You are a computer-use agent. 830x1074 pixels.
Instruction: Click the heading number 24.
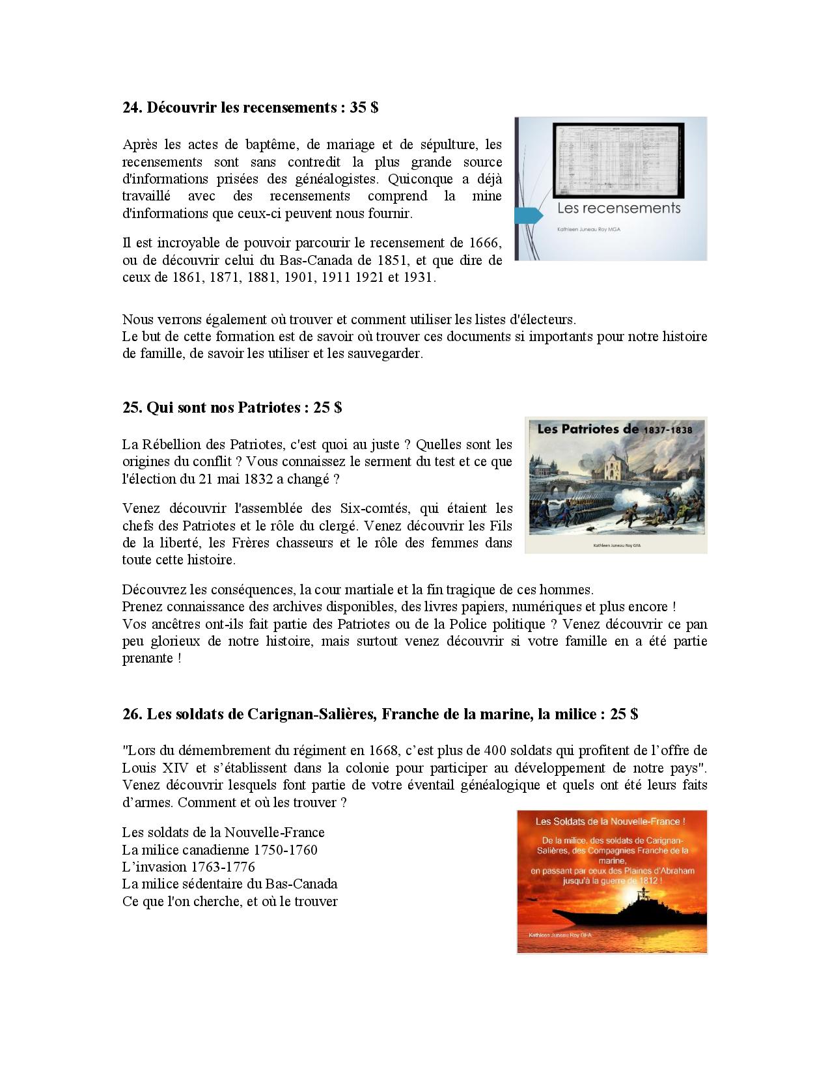pos(132,107)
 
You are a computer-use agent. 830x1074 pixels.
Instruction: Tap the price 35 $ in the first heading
pos(364,107)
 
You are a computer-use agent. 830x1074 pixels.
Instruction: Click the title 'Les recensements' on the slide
pos(618,208)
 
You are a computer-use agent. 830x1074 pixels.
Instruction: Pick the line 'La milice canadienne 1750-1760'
pos(219,849)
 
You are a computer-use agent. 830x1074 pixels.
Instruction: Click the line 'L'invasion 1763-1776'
pos(188,866)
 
